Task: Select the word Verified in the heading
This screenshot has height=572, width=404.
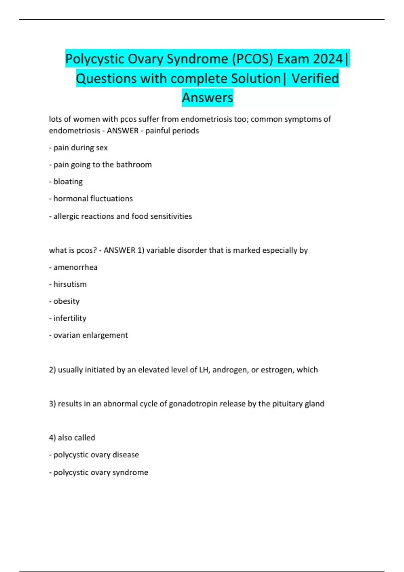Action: [315, 78]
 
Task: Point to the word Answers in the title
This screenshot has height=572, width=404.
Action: [207, 98]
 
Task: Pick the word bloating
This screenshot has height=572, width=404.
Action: [68, 182]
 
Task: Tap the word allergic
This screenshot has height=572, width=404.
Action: [66, 216]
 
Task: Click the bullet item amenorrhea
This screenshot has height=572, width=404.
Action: [75, 267]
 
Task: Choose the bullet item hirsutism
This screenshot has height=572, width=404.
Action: [70, 284]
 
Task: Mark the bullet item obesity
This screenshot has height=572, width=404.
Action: [66, 301]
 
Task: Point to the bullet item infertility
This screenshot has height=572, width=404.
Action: [70, 318]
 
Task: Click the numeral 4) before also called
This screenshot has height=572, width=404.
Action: [53, 438]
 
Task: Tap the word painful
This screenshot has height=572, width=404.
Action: [158, 131]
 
